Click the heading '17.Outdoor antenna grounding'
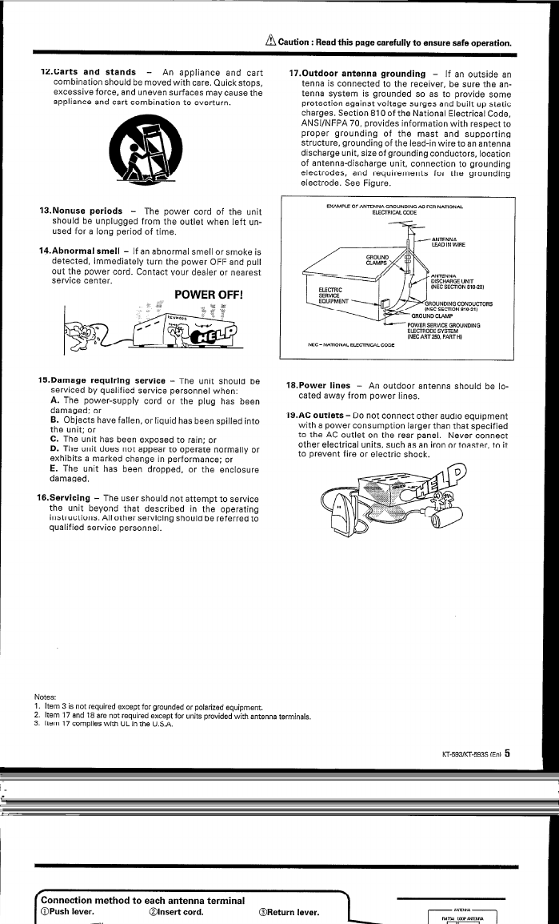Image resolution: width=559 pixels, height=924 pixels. pos(357,74)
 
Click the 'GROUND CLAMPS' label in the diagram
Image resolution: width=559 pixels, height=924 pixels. pos(377,259)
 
